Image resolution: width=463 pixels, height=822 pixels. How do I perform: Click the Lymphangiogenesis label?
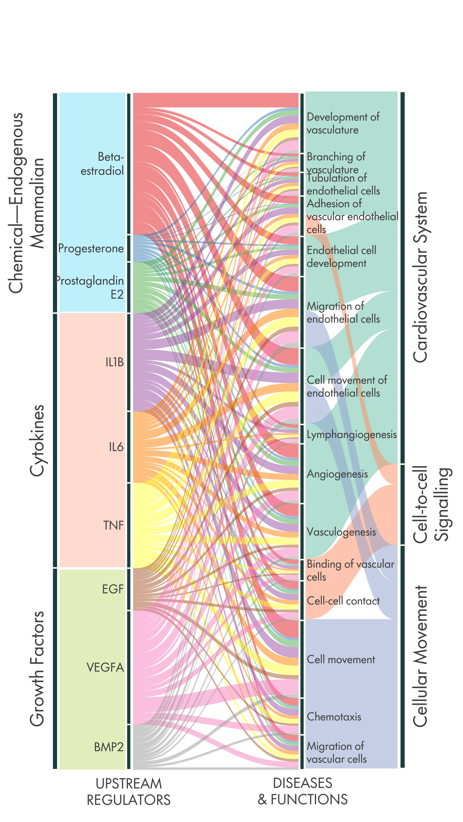pyautogui.click(x=352, y=435)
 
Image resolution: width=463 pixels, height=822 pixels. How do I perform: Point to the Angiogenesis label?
pyautogui.click(x=337, y=474)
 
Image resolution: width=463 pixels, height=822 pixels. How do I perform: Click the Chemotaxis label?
pyautogui.click(x=334, y=717)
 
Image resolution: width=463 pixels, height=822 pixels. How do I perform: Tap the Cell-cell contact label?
pyautogui.click(x=343, y=601)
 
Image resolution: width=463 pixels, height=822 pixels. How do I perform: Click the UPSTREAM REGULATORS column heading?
pyautogui.click(x=129, y=791)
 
